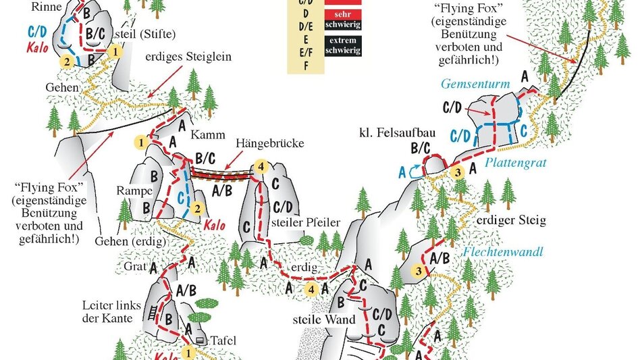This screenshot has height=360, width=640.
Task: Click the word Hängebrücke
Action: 271,144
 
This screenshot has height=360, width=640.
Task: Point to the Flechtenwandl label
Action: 504,253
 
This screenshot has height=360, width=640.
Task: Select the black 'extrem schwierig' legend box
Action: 342,46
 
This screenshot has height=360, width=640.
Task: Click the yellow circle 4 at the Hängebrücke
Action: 263,167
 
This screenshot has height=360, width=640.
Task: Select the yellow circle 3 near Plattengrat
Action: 457,172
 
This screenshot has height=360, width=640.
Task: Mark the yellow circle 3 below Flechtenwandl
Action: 419,272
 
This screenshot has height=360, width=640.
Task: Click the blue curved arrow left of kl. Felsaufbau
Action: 415,173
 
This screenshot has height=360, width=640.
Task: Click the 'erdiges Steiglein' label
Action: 188,57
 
